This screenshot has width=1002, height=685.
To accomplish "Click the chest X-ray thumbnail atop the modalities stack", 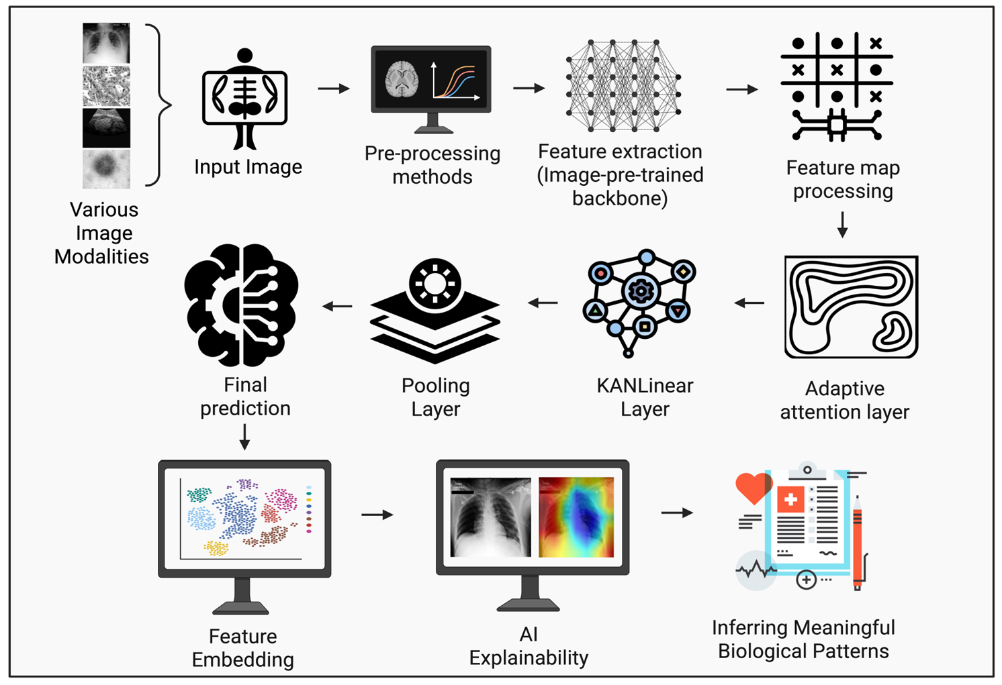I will tap(106, 43).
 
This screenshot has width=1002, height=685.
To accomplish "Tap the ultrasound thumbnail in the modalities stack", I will tap(106, 127).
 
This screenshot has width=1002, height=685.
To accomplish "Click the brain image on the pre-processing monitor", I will tap(402, 80).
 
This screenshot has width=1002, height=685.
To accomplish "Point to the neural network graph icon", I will tap(623, 85).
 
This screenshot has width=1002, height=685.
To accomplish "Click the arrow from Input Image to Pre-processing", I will tap(334, 89).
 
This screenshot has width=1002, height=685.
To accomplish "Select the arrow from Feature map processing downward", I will tap(842, 225).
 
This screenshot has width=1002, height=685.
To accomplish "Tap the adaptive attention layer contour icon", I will tap(851, 307).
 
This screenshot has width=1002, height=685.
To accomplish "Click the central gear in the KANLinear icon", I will tap(640, 291).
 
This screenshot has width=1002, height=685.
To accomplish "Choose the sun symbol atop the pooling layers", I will tap(435, 282).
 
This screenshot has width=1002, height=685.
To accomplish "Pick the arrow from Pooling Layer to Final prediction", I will tap(337, 307).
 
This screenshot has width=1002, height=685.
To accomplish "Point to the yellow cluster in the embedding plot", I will tap(216, 548).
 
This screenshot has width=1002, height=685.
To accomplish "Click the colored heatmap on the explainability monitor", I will tap(576, 517).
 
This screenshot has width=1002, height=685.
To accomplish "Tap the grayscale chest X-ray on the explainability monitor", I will tap(490, 517).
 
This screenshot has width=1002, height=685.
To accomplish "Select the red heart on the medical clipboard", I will tap(754, 488).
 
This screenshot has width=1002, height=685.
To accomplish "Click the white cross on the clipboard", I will tap(790, 500).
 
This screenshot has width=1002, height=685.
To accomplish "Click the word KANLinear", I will tap(645, 386).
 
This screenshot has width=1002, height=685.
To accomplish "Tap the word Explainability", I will tap(529, 658).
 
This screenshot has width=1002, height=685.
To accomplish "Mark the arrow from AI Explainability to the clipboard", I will tap(677, 513).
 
